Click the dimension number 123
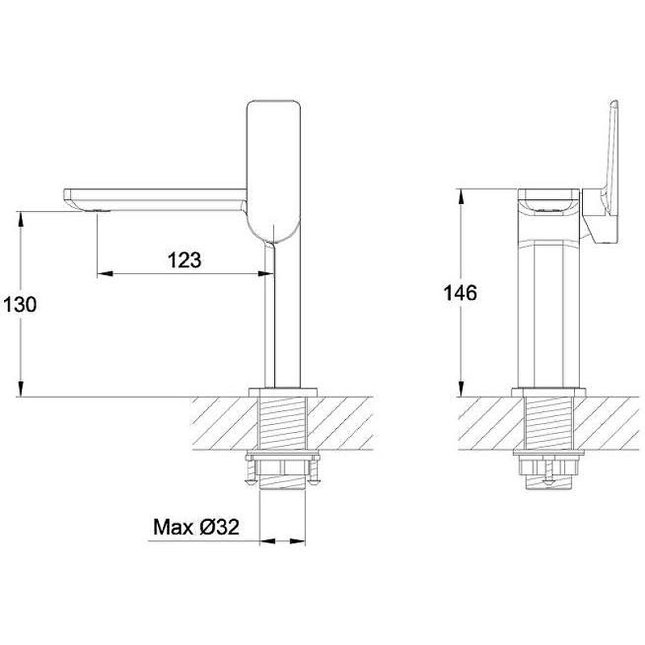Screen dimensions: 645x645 [185, 260]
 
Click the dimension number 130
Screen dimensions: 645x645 [19, 305]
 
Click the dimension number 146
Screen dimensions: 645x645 [460, 293]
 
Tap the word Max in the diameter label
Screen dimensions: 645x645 [173, 527]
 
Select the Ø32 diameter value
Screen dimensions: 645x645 [219, 527]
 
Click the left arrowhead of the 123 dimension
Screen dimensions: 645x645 [105, 273]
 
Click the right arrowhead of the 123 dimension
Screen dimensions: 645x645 [266, 273]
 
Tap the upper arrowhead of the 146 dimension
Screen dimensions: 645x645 [461, 197]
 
